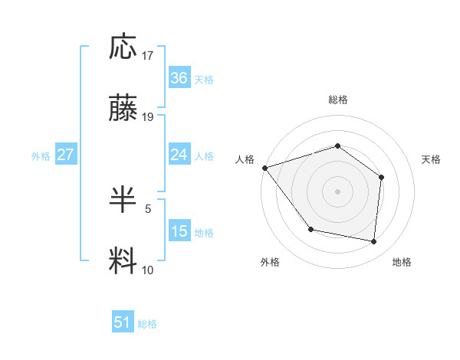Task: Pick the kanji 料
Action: point(124,260)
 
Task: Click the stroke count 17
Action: point(148,56)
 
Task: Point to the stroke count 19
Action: point(148,117)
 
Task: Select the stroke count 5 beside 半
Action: point(148,208)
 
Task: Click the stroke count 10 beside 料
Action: point(148,270)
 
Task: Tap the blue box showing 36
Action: point(179,78)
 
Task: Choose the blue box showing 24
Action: point(179,155)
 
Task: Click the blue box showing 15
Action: point(179,231)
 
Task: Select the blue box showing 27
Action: point(65,155)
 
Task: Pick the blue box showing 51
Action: point(123,322)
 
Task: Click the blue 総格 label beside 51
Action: point(147,324)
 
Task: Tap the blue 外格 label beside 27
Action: point(41,156)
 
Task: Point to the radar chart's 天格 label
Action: point(431,159)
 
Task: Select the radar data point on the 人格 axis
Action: point(264,167)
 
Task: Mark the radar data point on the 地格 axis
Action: point(374,241)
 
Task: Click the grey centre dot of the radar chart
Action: point(337,191)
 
